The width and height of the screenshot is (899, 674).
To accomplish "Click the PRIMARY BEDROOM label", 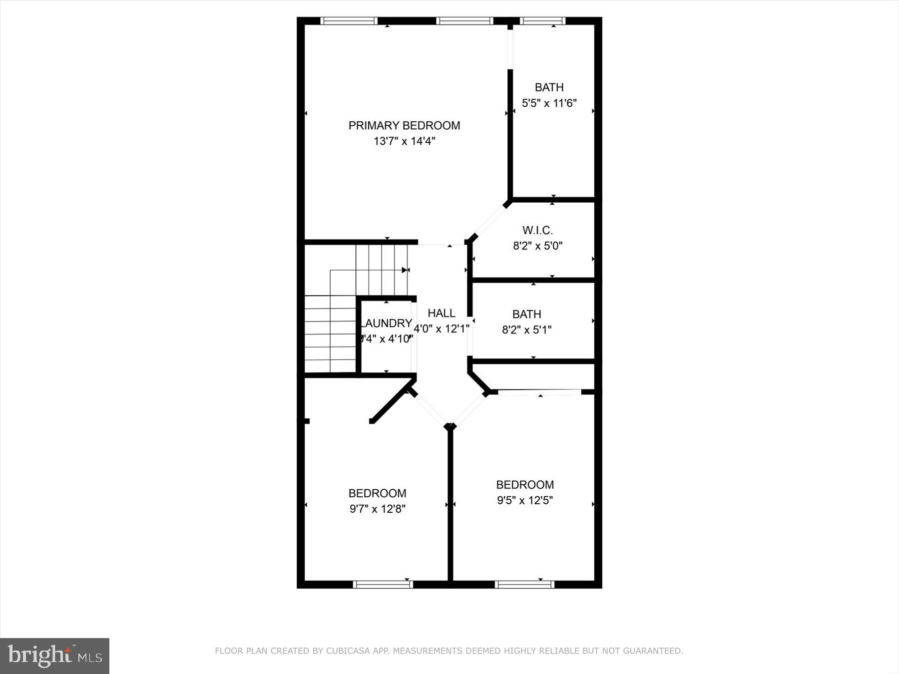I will pos(404,125).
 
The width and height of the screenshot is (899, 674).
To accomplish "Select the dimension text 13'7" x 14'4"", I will pos(404,141).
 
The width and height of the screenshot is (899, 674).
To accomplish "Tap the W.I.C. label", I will pos(537,230).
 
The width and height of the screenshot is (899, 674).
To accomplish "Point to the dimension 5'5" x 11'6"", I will pos(549,103).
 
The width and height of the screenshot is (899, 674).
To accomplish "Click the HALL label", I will pos(442,313).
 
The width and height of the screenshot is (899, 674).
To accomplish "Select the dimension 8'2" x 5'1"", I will pos(526,330).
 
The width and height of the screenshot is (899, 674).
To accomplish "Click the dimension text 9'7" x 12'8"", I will pos(377,509).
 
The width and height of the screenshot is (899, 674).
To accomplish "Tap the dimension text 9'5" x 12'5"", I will pos(524,500).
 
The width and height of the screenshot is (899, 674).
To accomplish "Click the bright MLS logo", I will pos(54,656).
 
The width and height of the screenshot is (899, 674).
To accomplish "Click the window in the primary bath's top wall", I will pos(542,21).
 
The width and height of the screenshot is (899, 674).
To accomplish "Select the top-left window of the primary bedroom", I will pos(349,21).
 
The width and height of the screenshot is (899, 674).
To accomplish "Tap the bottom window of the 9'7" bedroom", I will pos(383,584).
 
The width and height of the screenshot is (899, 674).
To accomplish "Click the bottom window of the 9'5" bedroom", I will pos(524,584).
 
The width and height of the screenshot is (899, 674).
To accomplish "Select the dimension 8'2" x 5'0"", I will pos(537,246).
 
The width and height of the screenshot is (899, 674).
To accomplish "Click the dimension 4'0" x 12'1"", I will pos(442,329).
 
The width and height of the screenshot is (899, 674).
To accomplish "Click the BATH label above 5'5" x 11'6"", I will pos(549,87).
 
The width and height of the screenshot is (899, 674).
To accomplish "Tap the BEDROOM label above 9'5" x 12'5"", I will pos(524,484).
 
